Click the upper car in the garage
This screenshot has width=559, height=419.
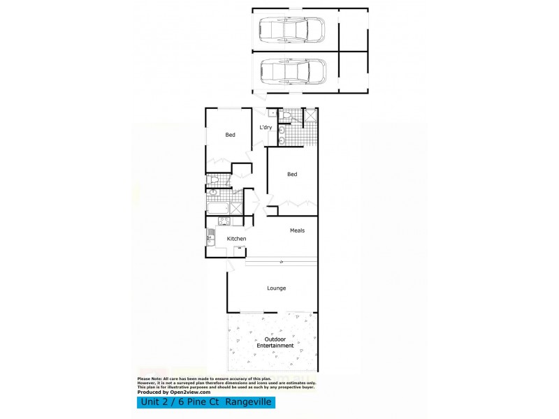pos(292,31)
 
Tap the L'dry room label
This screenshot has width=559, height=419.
pos(266,128)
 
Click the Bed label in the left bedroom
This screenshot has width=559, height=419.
pos(230,135)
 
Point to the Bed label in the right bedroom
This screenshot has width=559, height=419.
pos(292,175)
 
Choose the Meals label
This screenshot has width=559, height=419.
pos(297,230)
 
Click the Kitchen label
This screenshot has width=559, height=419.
pos(237,240)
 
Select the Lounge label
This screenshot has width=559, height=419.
pos(276,288)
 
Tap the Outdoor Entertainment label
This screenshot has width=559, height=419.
pos(275,343)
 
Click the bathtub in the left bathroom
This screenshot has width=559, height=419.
pos(217,207)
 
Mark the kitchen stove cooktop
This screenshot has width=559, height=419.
pos(224,222)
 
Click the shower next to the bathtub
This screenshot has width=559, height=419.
pos(237,207)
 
